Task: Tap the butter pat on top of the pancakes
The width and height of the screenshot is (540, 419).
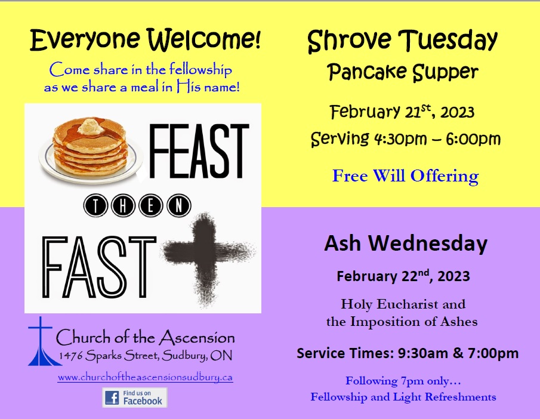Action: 90,126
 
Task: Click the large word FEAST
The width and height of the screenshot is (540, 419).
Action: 198,151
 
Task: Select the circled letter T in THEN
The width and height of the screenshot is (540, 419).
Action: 95,206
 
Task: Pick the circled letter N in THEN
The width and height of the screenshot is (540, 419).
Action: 179,206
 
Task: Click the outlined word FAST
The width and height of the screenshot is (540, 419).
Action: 99,267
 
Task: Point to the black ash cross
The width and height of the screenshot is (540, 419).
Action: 208,258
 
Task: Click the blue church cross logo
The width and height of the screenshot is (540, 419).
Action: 41,341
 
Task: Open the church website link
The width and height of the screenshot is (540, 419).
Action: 145,377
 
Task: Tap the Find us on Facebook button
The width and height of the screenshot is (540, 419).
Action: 135,398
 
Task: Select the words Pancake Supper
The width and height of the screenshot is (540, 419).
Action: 403,72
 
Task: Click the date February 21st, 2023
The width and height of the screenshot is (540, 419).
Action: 402,112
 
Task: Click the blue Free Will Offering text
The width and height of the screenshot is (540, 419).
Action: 405,175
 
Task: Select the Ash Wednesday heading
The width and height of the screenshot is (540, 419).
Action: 406,244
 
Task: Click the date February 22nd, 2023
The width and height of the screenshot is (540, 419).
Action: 403,276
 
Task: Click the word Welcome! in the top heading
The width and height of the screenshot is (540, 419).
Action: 204,39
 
